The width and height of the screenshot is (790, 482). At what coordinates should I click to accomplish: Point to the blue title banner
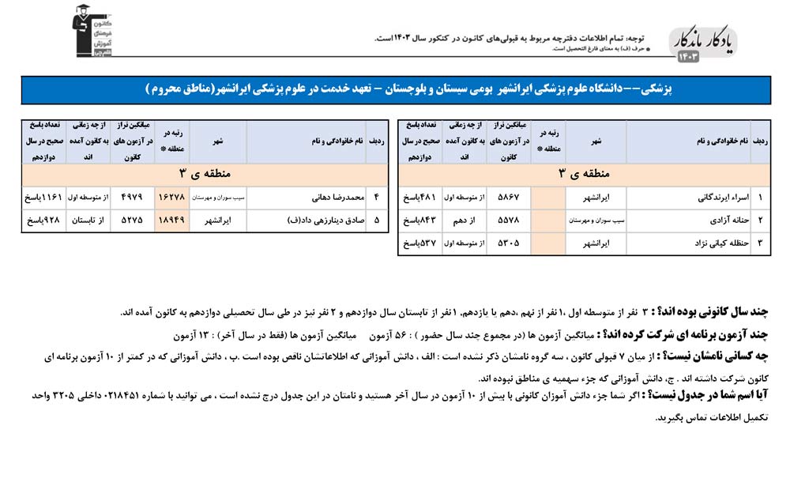click(395, 89)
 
